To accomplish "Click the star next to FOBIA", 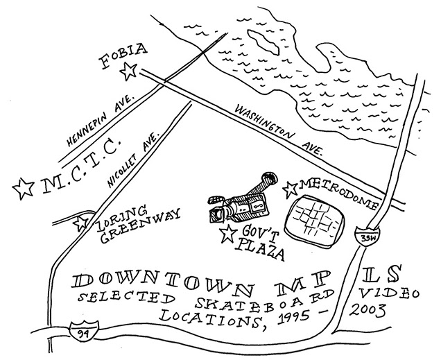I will (128, 70).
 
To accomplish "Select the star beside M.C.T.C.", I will (24, 186).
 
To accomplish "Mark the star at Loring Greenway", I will (82, 223).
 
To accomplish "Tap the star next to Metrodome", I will (292, 187).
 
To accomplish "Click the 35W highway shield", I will (363, 237).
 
